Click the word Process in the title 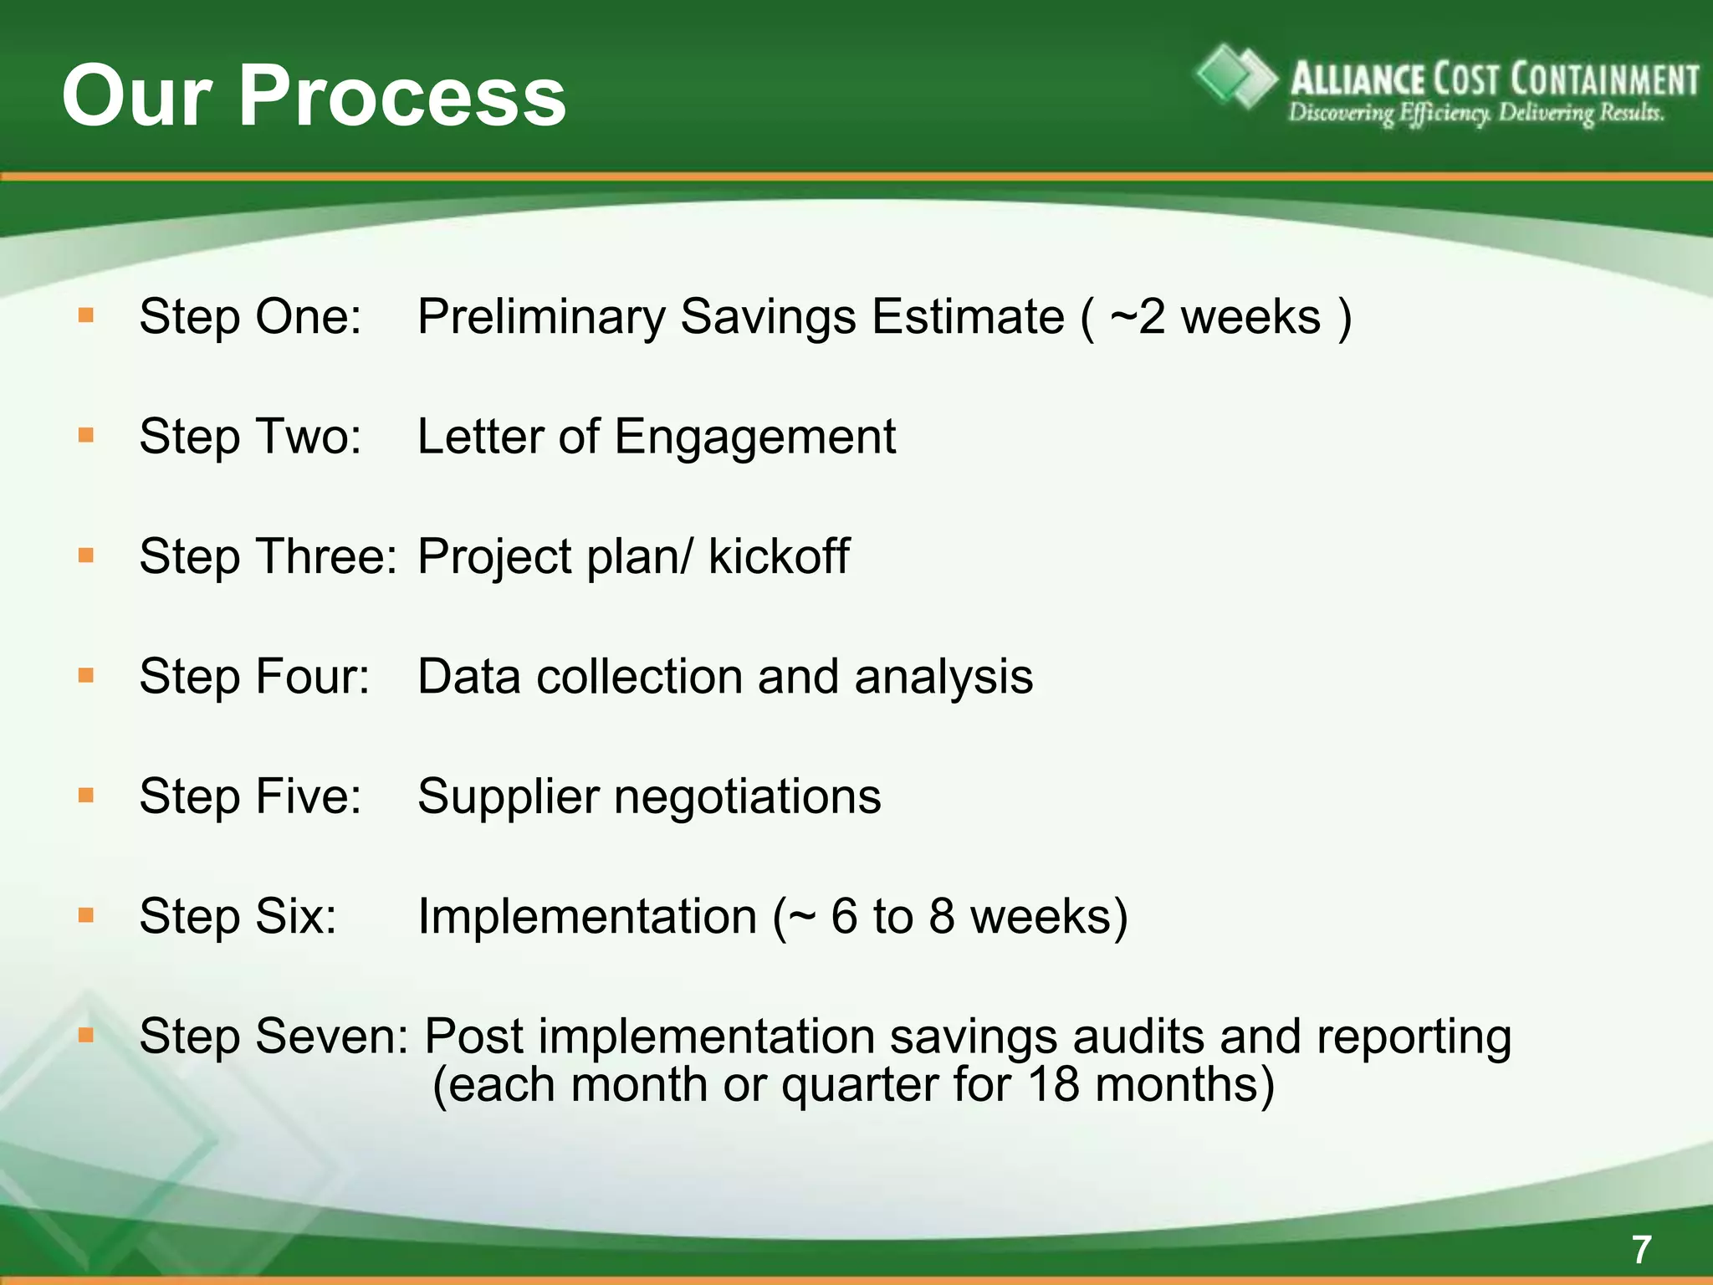(402, 97)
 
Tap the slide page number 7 (1641, 1250)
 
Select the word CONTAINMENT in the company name (1604, 80)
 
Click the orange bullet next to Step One (85, 316)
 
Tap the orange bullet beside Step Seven (85, 1036)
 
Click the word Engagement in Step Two (754, 438)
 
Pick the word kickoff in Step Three (779, 556)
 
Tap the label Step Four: (253, 676)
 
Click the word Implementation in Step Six (587, 916)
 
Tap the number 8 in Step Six (941, 916)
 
